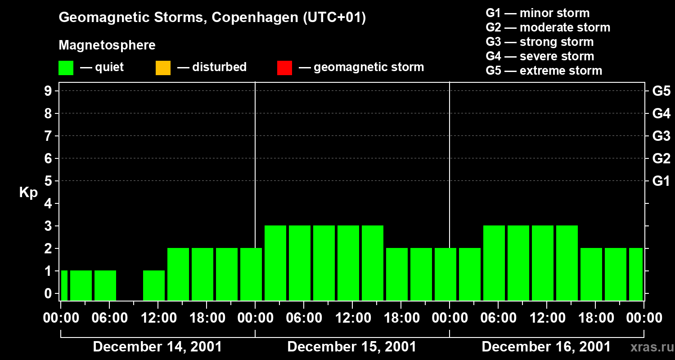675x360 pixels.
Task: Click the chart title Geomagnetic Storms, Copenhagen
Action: coord(212,18)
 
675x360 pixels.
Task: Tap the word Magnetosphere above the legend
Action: coord(107,45)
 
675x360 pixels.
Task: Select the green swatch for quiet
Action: coord(66,67)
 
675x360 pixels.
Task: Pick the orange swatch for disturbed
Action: coord(163,67)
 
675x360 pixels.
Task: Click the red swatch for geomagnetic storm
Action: coord(284,67)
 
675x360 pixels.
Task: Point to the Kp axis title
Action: coord(28,193)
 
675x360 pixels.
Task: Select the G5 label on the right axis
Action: coord(661,91)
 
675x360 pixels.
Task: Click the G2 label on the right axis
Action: coord(661,158)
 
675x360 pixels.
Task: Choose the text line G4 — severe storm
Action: coord(540,56)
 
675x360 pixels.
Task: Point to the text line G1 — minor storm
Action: coord(537,13)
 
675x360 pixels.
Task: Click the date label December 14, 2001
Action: coord(157,347)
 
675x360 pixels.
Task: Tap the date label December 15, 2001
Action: coord(351,347)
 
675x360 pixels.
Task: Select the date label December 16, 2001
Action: coord(546,347)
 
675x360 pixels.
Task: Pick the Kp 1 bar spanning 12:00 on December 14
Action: coord(154,285)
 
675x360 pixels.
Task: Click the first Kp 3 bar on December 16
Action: coord(494,263)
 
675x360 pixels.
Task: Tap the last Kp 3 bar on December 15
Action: coord(373,263)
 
